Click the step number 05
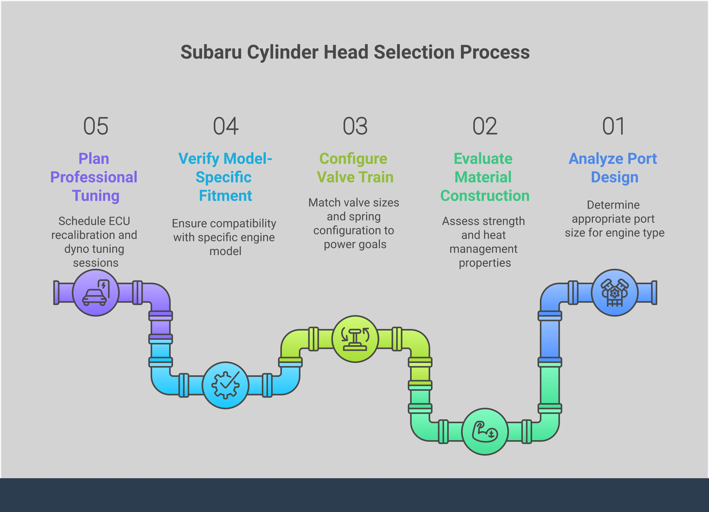tap(96, 126)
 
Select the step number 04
tap(226, 126)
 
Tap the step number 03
tap(355, 126)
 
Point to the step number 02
tap(485, 126)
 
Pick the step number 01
tap(613, 126)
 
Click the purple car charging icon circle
tap(96, 292)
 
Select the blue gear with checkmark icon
tap(225, 385)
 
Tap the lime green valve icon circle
tap(355, 339)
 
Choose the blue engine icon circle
tap(615, 292)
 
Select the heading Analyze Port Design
tap(613, 168)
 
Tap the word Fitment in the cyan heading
tap(225, 196)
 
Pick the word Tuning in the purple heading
tap(96, 196)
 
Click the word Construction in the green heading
tap(485, 196)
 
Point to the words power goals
tap(355, 244)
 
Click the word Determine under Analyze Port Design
tap(613, 205)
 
